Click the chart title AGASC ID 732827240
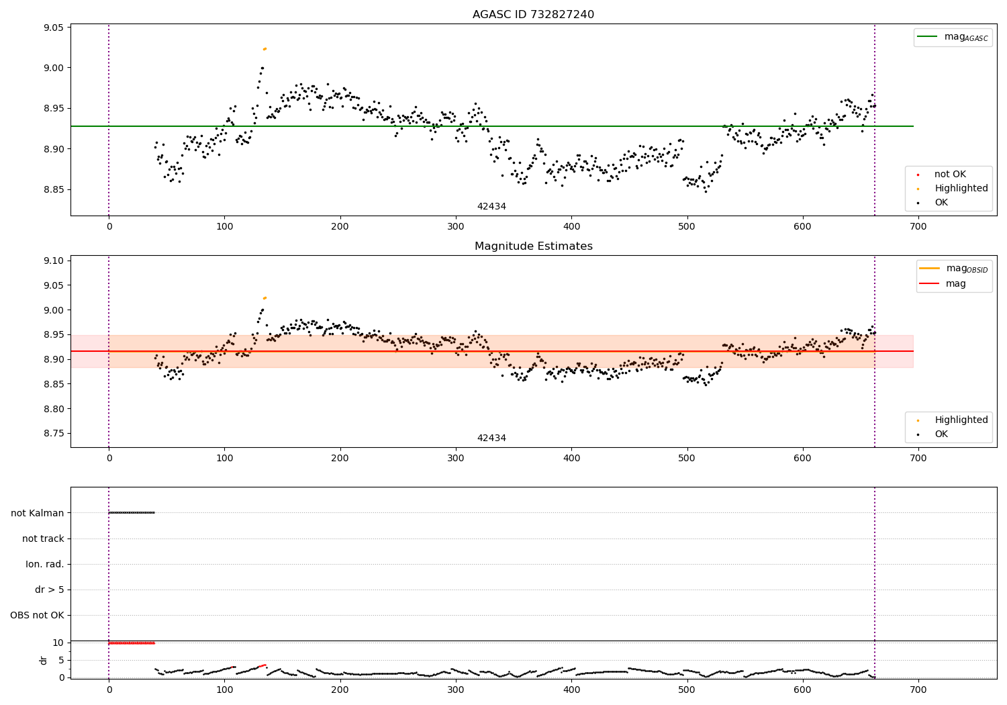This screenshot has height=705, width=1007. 533,15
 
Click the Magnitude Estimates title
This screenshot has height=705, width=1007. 533,246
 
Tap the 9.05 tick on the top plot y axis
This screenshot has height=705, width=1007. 53,28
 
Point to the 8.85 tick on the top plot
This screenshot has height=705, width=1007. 53,189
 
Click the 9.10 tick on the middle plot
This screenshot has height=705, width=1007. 53,261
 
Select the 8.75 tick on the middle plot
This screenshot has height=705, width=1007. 53,433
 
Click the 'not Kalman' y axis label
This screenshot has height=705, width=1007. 38,513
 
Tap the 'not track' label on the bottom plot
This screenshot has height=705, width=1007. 43,538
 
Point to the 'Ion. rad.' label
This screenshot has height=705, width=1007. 45,564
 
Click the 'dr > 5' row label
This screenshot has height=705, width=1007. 50,590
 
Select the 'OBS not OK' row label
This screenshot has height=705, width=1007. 38,615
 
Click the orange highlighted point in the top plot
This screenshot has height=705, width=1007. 265,48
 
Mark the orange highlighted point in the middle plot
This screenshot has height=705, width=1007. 265,297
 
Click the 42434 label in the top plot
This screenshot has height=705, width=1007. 491,206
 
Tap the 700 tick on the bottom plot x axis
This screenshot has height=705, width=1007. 918,690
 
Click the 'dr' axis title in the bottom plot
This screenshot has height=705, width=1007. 44,660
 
